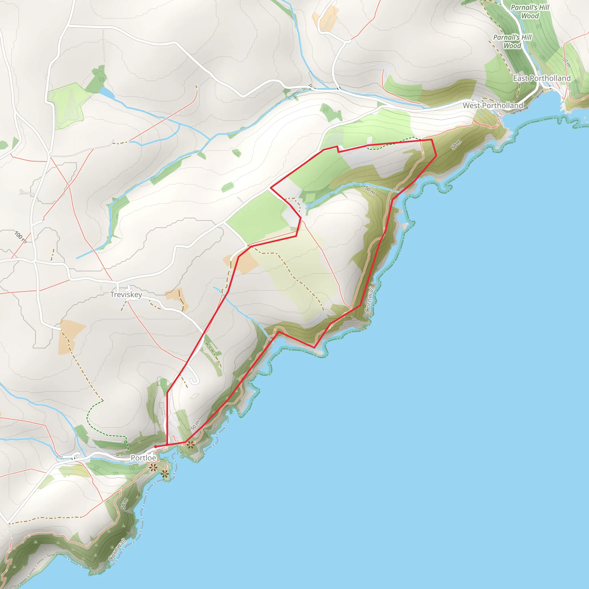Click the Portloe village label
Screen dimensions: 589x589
[x=143, y=458]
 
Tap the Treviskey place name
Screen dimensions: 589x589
[x=126, y=294]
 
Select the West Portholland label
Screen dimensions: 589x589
[x=493, y=106]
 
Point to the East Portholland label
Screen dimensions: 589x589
[x=542, y=78]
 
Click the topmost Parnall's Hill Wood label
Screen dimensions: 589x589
[x=530, y=12]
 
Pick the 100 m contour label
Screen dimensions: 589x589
[x=20, y=237]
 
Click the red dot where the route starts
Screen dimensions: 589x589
[x=156, y=447]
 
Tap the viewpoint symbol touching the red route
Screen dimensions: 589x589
[x=191, y=445]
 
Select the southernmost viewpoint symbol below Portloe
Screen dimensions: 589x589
[x=165, y=474]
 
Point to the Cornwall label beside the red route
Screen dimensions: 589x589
[x=369, y=299]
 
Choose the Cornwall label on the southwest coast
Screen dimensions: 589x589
[x=117, y=550]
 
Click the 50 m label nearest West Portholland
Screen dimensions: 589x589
[x=456, y=145]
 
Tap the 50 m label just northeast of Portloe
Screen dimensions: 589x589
[x=195, y=425]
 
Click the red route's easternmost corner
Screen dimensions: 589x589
[x=436, y=156]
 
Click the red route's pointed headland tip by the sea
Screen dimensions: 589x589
[x=314, y=347]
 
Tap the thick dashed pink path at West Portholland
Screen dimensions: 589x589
[x=486, y=124]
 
